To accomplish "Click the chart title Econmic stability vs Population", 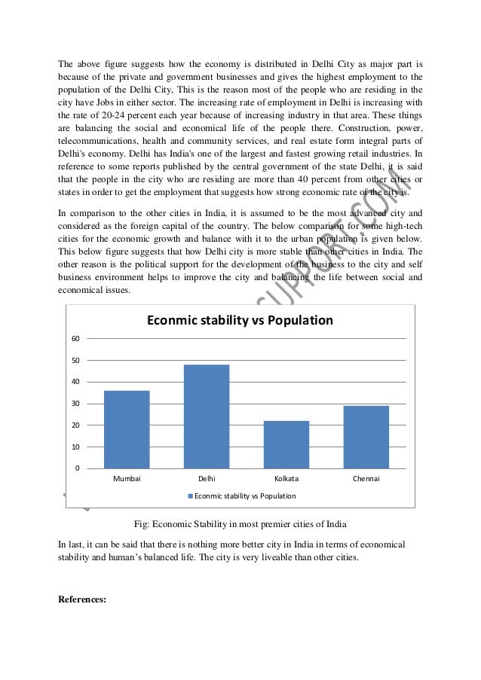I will [240, 320].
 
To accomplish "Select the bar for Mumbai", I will [127, 429].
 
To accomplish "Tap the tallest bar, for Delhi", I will [207, 416].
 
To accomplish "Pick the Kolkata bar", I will [286, 444].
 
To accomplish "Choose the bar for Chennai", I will [366, 437].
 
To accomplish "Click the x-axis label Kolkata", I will [286, 478].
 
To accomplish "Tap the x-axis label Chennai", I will [366, 478].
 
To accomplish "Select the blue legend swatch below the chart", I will [191, 496].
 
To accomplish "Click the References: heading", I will [82, 600].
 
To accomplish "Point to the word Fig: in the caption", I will [142, 524].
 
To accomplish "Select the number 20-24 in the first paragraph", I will [118, 115].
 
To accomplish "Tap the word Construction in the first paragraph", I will [335, 128].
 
